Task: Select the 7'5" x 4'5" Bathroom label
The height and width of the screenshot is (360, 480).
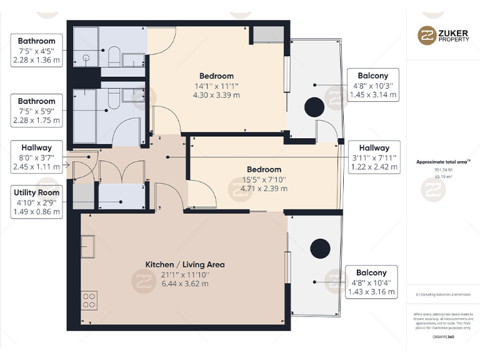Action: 36,51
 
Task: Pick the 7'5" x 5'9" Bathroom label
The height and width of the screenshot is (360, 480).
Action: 36,111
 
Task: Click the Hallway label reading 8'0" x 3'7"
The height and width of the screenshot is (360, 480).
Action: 36,157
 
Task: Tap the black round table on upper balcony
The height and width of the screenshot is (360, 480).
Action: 314,107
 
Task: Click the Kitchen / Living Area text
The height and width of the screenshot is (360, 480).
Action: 185,264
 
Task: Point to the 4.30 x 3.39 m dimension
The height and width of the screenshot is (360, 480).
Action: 216,95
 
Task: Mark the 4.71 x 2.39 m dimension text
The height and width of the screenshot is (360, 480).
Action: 264,188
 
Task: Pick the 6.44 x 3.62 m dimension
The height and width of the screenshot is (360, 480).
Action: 185,283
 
